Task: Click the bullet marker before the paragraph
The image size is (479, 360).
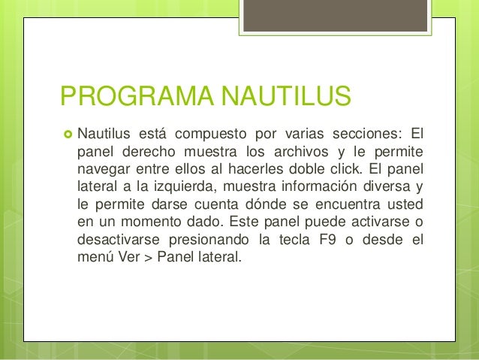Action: pyautogui.click(x=65, y=136)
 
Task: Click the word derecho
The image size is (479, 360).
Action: pyautogui.click(x=148, y=153)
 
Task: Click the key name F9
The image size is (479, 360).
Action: pyautogui.click(x=336, y=240)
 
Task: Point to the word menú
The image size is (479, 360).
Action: pyautogui.click(x=94, y=257)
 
